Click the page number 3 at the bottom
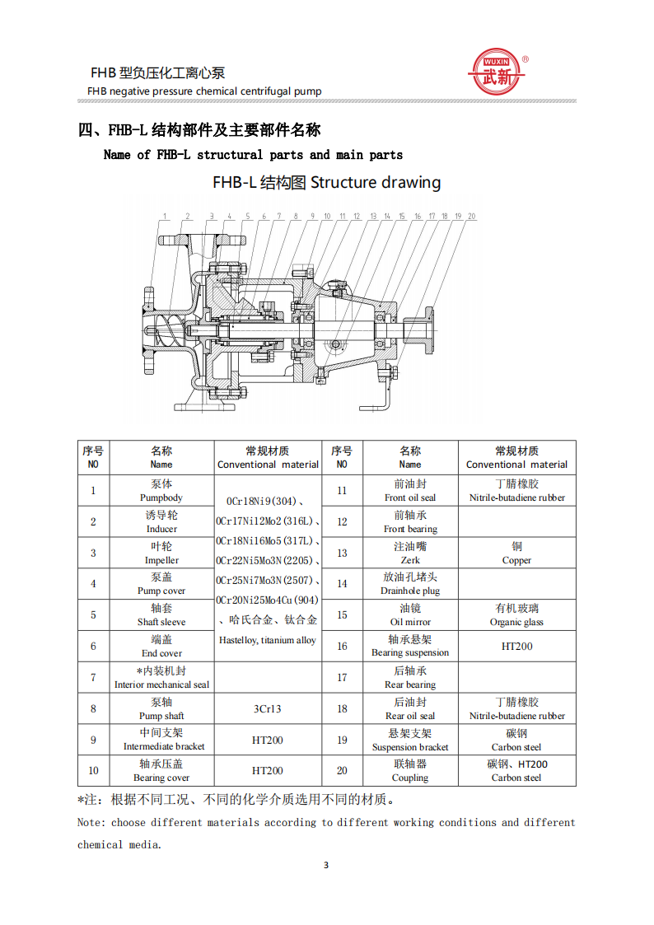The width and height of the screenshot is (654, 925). point(326,865)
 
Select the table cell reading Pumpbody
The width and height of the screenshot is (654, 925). point(161,491)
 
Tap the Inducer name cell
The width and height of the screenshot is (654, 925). point(161,521)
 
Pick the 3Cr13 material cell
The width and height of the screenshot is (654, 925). point(267,708)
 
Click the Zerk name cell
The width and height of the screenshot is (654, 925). point(410,553)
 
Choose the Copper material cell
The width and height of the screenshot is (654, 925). point(516,553)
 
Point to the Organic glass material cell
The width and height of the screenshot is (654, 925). point(516,615)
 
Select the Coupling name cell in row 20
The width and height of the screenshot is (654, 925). point(410,771)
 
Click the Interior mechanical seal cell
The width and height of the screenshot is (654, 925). point(161,678)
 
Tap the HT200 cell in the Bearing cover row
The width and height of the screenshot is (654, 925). point(267,771)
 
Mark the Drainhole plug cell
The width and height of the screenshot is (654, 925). point(410,584)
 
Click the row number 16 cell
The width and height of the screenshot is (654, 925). point(342,647)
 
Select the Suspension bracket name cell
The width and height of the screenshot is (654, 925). point(410,740)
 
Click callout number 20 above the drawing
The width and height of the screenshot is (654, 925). point(472,217)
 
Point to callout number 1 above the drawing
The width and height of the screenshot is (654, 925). point(165,217)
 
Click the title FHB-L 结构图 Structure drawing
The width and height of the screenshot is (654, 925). point(326,182)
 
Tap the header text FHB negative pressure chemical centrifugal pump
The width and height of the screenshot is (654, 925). point(204,91)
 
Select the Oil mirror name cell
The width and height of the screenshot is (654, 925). point(410,615)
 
